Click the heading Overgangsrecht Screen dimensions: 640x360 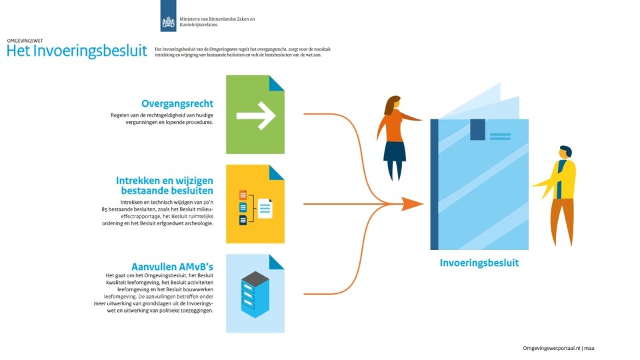[x=177, y=103]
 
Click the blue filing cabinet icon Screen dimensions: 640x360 [x=255, y=293]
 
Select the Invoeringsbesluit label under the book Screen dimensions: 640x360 [x=479, y=263]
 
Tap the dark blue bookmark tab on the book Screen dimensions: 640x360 [x=477, y=129]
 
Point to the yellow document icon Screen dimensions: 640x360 [x=255, y=204]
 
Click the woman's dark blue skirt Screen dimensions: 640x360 [x=395, y=151]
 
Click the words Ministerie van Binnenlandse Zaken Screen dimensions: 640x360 [x=213, y=19]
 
